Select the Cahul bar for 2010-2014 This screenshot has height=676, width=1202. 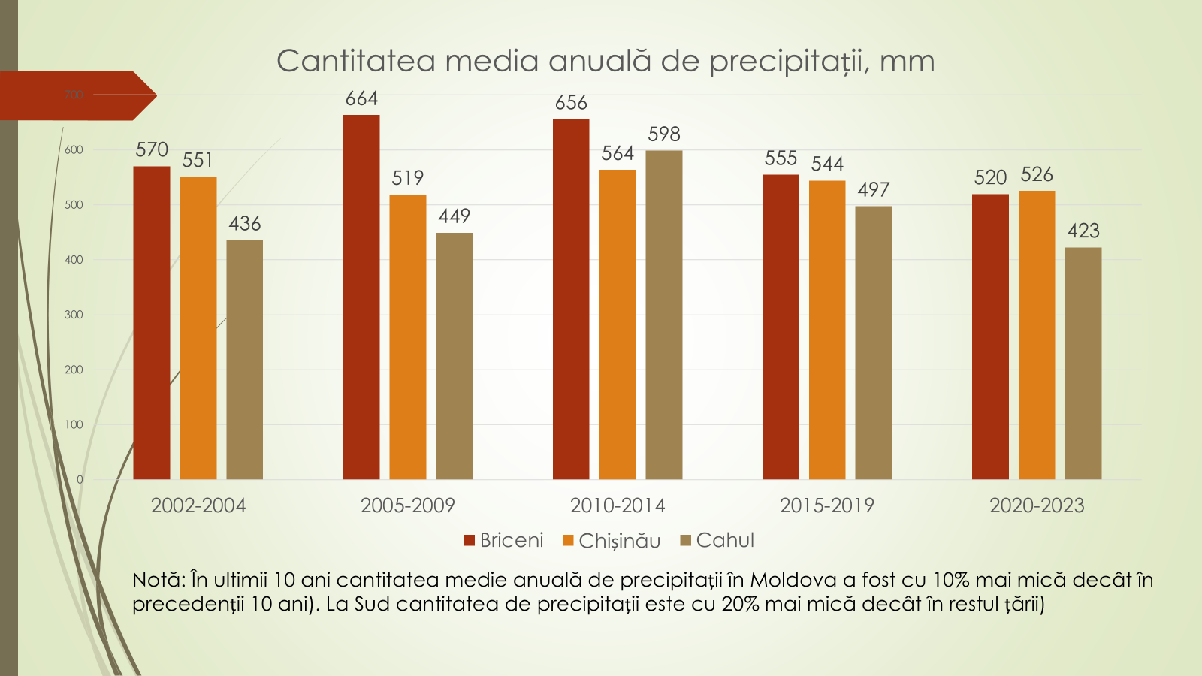tap(664, 315)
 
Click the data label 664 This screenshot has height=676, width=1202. tap(361, 98)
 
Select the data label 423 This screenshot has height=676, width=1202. tap(1083, 231)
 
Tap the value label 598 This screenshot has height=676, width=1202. tap(664, 134)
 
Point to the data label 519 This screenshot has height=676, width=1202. tap(408, 178)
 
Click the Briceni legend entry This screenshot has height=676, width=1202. tap(504, 540)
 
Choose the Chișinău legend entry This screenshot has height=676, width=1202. tap(612, 541)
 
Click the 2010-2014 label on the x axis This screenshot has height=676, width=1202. tap(618, 505)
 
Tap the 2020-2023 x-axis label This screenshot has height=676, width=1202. tap(1037, 505)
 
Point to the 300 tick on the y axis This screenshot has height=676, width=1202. tap(74, 315)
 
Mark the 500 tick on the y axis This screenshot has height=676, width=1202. tap(74, 205)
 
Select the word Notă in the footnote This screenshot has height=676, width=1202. tap(157, 580)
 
